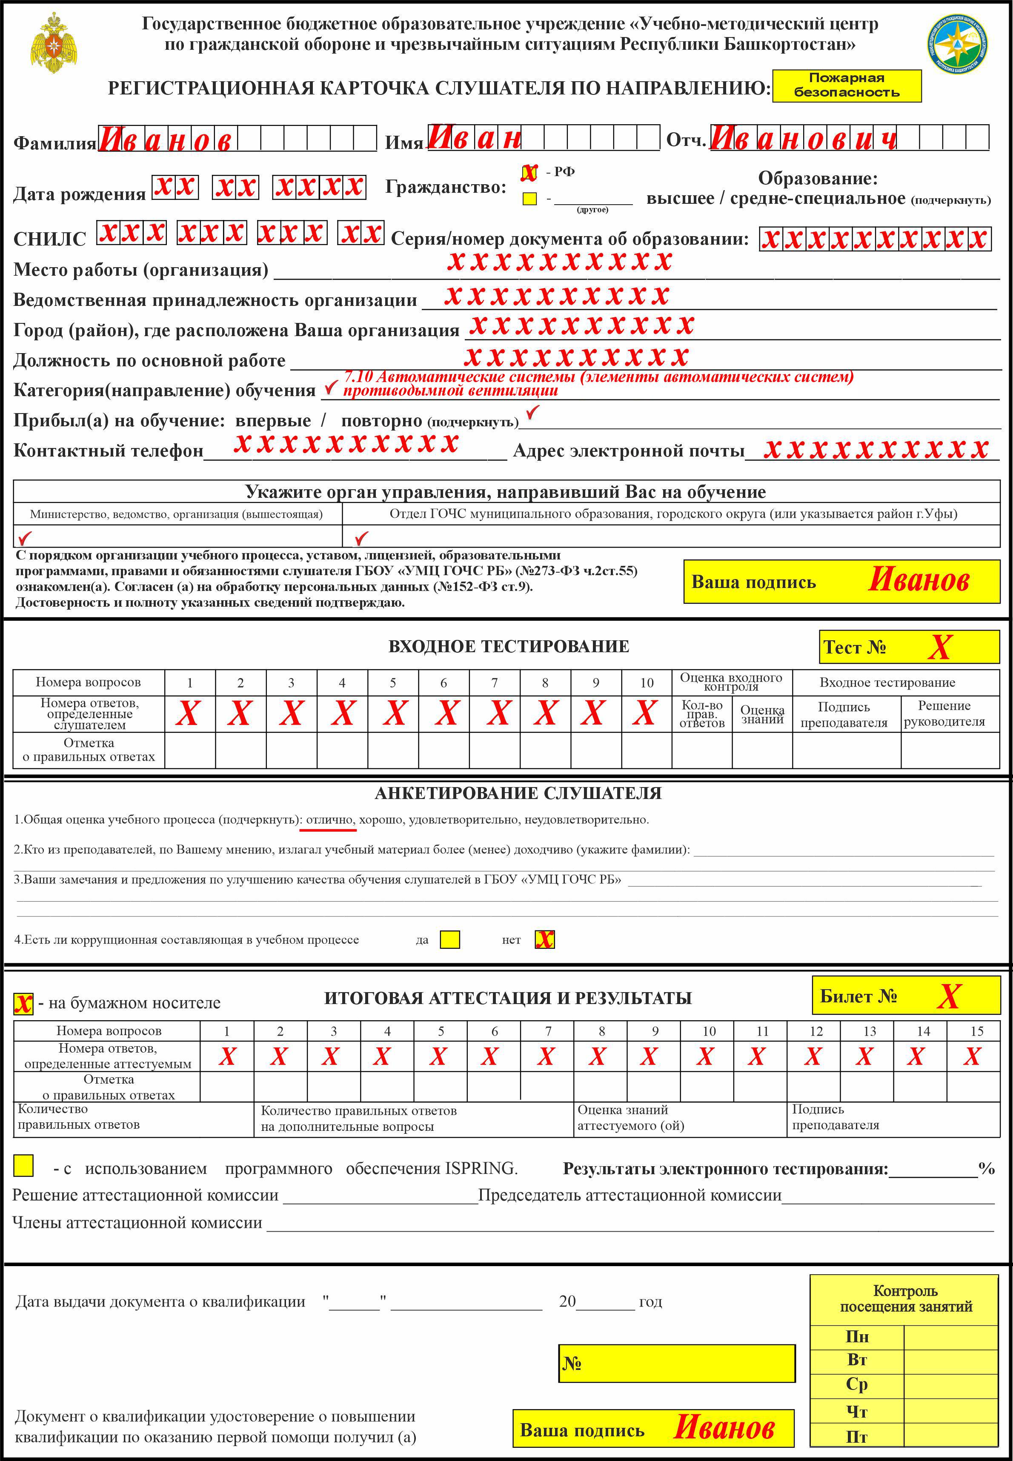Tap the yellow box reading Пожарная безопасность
[x=846, y=86]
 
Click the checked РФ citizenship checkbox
[x=529, y=173]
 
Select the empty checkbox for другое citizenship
[x=529, y=199]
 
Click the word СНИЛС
[x=49, y=239]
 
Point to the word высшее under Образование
[x=680, y=199]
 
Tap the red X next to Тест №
[x=939, y=647]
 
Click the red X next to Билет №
[x=948, y=996]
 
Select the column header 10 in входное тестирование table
[x=646, y=682]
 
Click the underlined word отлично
[x=329, y=819]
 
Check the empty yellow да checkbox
[x=450, y=939]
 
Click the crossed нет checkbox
[x=544, y=939]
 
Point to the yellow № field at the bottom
[x=677, y=1363]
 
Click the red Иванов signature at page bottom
[x=724, y=1427]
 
